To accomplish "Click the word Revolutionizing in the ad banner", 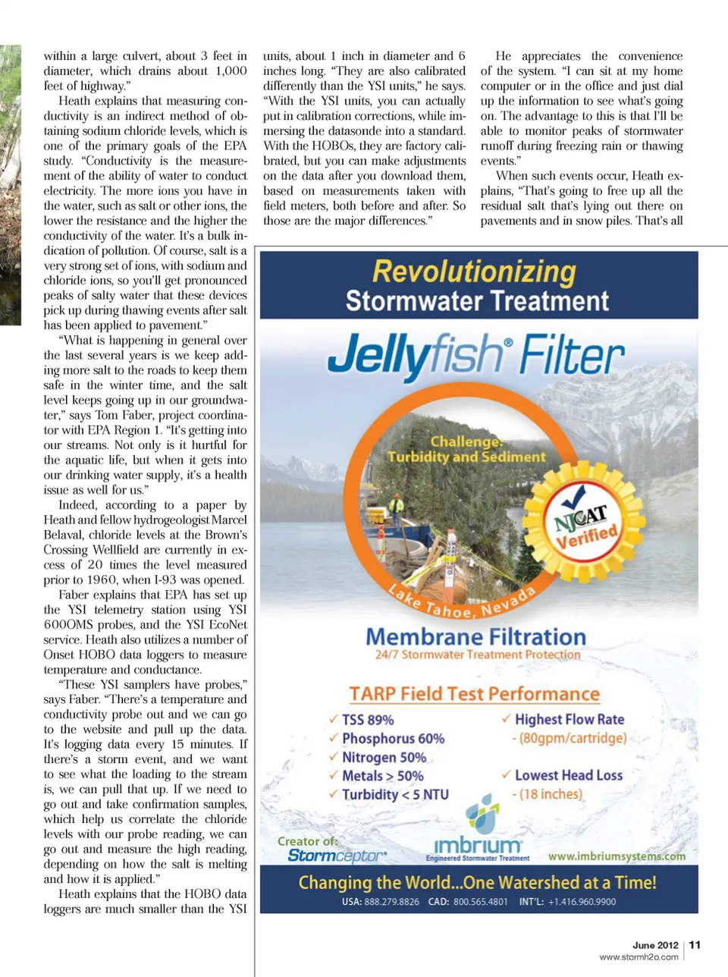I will point(474,272).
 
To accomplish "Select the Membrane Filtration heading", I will point(475,636).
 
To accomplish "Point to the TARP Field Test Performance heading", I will point(474,694).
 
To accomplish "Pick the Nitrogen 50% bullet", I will point(383,757).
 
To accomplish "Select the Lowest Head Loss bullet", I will point(568,775).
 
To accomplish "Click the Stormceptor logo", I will point(336,856).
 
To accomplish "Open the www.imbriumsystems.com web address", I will point(616,856).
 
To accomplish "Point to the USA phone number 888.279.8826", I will point(381,902).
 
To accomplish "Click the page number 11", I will point(695,944).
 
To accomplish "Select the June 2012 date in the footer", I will point(655,945).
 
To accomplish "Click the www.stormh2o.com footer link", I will point(639,957).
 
